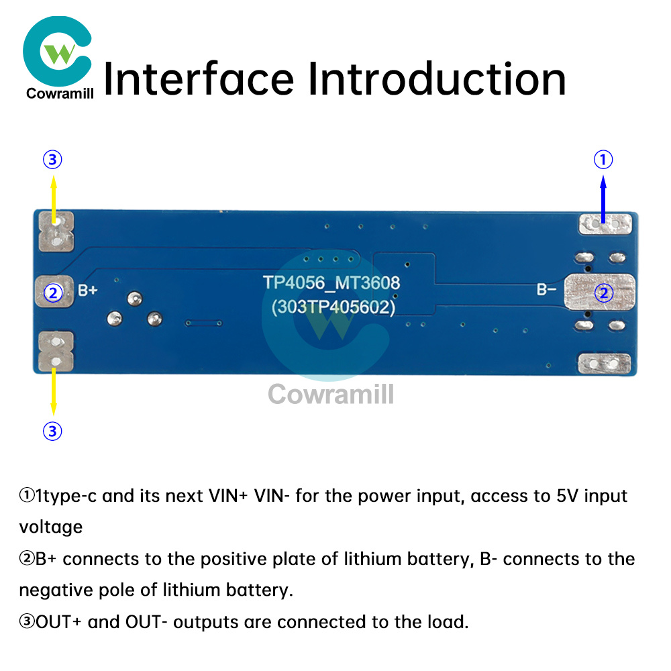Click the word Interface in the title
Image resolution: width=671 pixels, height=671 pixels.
(199, 79)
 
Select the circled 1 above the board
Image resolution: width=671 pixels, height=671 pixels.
(603, 160)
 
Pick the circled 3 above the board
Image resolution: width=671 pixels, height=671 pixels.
(52, 160)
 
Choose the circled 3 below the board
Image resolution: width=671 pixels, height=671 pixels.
(52, 431)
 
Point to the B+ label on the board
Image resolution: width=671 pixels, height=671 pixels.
(89, 291)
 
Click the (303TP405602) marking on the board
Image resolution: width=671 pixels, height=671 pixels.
(332, 307)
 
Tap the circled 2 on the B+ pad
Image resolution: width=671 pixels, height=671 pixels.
(52, 293)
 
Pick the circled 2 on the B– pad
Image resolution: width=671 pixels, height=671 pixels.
(604, 293)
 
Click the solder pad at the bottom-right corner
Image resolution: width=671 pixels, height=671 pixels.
(605, 364)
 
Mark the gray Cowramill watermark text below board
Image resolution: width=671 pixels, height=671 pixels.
(331, 393)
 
